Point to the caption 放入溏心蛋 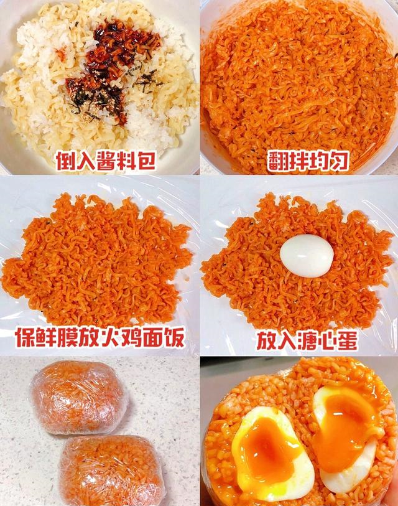pos(307,340)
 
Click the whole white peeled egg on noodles pos(307,255)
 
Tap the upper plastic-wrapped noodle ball pos(80,396)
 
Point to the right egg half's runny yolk pos(346,424)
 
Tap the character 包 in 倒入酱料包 pos(144,161)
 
